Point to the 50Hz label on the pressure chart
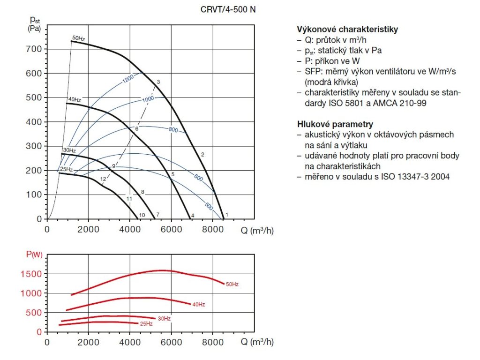78,38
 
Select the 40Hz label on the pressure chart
75,100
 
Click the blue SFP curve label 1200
128,79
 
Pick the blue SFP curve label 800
173,130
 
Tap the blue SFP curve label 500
209,206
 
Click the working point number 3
158,82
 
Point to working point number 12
103,179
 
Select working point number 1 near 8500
227,215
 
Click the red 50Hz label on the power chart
232,284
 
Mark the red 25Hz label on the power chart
146,324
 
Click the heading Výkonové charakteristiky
347,30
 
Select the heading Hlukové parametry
335,124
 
